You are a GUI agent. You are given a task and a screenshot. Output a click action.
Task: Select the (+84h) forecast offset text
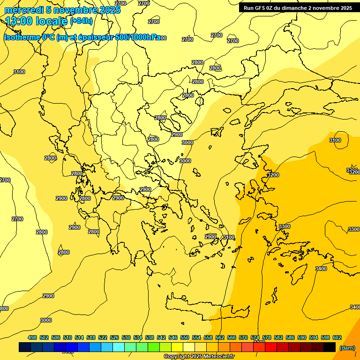tap(81, 21)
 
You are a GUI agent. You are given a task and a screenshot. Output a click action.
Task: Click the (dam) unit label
tap(347, 347)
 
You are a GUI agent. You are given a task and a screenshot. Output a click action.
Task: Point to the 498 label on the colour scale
tap(32, 337)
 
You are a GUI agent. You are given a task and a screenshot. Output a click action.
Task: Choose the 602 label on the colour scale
tap(337, 337)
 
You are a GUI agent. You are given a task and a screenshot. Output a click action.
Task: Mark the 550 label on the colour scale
tap(185, 337)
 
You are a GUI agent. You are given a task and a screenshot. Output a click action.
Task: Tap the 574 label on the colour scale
tap(255, 337)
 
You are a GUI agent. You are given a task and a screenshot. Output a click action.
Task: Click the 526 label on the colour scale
tap(114, 337)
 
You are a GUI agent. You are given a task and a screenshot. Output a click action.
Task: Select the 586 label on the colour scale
tap(290, 337)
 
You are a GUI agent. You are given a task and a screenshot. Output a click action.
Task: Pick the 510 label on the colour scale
tap(67, 337)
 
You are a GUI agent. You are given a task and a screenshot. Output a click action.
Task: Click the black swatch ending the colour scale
tap(330, 347)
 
